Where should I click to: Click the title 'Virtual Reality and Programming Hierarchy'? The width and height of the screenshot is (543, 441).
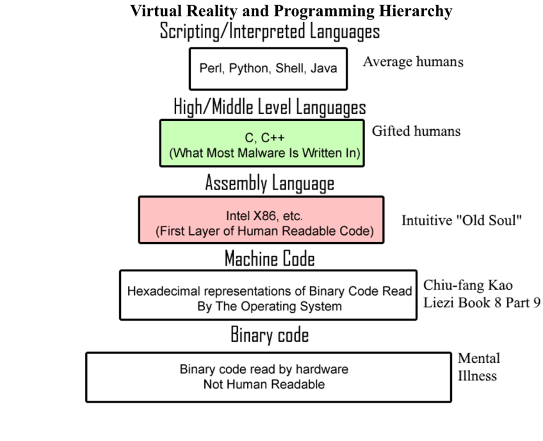(291, 11)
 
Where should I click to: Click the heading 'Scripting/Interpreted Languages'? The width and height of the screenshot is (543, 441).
(270, 31)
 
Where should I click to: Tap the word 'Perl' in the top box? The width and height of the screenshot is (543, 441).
(210, 68)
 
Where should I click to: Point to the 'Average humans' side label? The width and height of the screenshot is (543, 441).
(413, 62)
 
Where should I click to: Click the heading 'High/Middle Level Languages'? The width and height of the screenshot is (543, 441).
(270, 107)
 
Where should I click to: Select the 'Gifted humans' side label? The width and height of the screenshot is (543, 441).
(416, 131)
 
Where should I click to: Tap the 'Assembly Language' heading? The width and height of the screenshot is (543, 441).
(270, 184)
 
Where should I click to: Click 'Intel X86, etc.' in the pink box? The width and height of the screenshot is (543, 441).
(264, 216)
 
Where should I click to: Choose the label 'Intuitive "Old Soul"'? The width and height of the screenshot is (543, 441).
(462, 221)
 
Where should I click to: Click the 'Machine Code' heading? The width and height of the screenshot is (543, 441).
(270, 259)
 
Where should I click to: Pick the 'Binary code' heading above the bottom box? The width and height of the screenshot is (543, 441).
(270, 335)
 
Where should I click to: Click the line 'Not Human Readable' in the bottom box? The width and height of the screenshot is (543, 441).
(264, 385)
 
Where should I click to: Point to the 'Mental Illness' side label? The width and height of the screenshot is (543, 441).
(478, 367)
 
